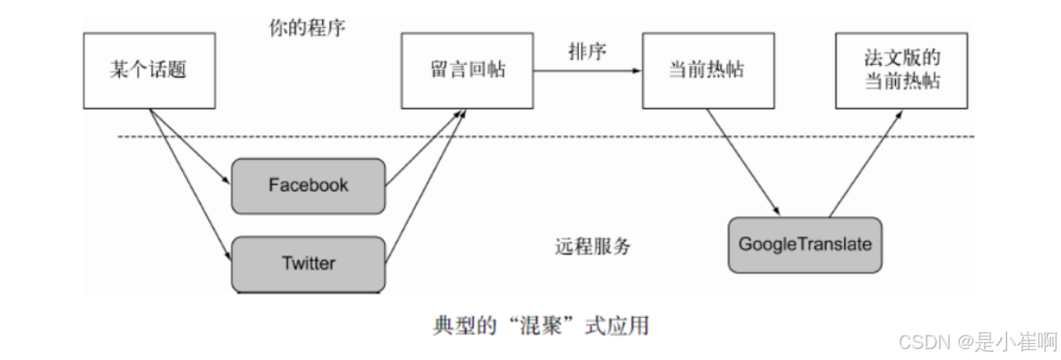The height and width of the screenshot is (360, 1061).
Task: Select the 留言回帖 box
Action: click(467, 70)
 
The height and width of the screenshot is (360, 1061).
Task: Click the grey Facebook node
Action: click(308, 185)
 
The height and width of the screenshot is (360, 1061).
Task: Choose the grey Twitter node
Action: click(308, 264)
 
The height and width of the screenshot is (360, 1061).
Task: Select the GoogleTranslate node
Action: click(805, 244)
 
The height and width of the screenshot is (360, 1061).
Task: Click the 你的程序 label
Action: click(307, 27)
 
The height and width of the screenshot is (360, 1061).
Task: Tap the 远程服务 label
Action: click(593, 246)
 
